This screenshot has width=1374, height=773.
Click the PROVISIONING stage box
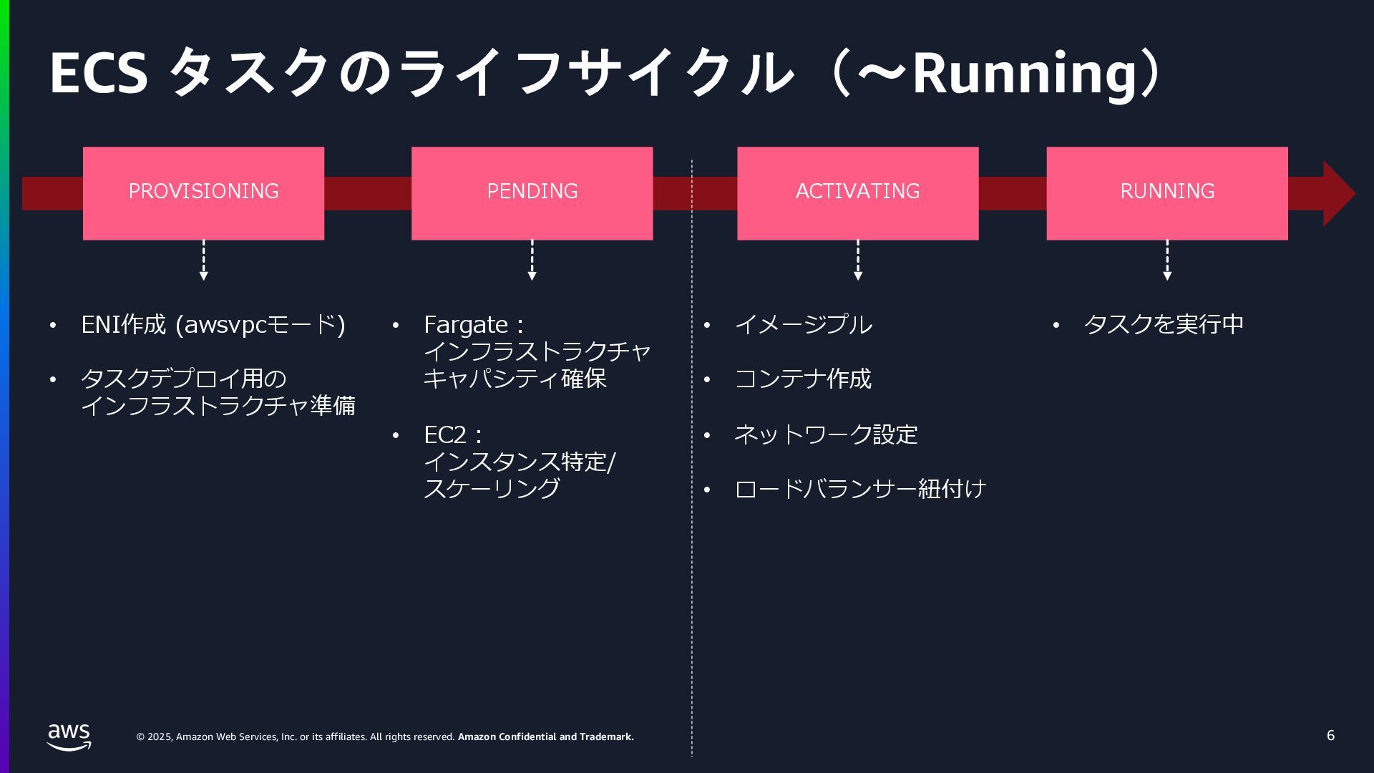click(x=203, y=193)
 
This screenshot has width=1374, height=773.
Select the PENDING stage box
click(x=532, y=193)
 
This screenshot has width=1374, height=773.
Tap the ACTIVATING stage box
click(x=857, y=193)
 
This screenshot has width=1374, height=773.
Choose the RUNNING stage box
click(x=1166, y=193)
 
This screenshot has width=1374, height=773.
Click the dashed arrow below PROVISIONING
click(x=203, y=260)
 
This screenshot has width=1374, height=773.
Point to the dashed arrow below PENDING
click(x=532, y=260)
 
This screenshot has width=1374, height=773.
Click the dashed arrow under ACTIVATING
click(x=857, y=260)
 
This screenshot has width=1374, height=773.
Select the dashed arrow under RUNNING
click(x=1166, y=260)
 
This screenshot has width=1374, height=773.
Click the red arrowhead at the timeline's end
click(x=1337, y=193)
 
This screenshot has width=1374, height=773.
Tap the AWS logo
click(x=69, y=736)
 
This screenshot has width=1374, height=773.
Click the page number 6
click(x=1330, y=736)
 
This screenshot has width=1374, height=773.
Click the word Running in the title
click(x=1023, y=74)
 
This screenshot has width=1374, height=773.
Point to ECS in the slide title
click(x=98, y=74)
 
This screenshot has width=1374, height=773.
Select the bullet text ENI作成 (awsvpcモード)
click(x=213, y=324)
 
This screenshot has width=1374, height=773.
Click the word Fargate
click(x=465, y=324)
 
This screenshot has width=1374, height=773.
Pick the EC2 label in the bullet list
click(x=444, y=434)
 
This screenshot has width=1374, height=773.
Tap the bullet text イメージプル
click(x=803, y=324)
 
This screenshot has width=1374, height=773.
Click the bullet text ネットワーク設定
click(x=825, y=434)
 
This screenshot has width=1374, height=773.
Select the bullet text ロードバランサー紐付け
click(x=860, y=489)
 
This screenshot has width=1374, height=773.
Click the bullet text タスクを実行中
click(x=1164, y=324)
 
